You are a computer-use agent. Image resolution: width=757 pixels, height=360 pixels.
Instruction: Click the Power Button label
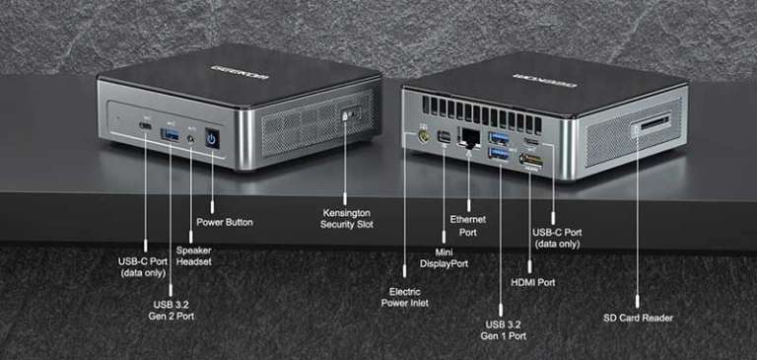(225, 222)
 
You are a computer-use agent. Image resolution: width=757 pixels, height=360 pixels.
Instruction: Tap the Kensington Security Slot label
(348, 218)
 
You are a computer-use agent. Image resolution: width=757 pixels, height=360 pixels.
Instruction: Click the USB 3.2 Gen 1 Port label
(504, 329)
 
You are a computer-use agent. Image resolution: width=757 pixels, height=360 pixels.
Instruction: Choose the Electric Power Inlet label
(405, 297)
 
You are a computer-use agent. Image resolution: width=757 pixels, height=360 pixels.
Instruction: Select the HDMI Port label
(532, 282)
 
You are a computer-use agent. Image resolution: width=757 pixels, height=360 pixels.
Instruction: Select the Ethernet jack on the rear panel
(470, 138)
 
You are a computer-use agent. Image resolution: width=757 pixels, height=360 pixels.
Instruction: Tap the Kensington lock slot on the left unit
(347, 115)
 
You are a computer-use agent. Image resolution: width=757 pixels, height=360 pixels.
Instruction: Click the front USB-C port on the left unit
(146, 128)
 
